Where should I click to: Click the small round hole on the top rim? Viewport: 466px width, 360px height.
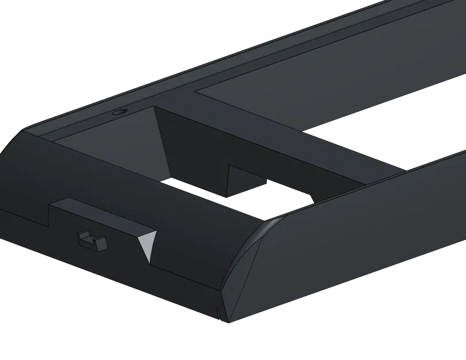click(119, 112)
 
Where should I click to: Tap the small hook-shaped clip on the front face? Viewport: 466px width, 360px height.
click(92, 240)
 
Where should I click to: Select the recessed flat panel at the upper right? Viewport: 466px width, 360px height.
click(323, 86)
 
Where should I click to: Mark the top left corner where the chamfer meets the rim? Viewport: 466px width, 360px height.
click(26, 130)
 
